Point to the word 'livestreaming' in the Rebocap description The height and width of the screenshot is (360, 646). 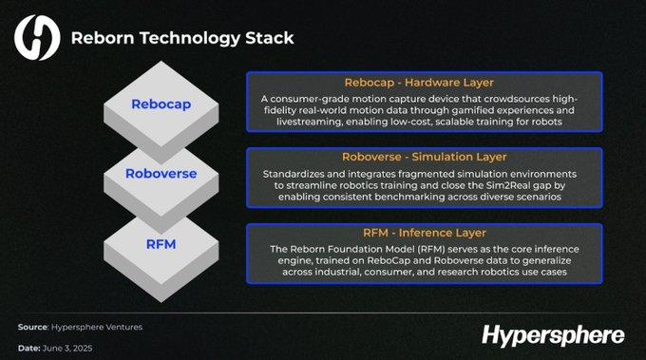(297, 123)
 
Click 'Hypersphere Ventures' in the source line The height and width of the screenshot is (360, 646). (95, 327)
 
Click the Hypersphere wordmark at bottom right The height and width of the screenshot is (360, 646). (552, 334)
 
